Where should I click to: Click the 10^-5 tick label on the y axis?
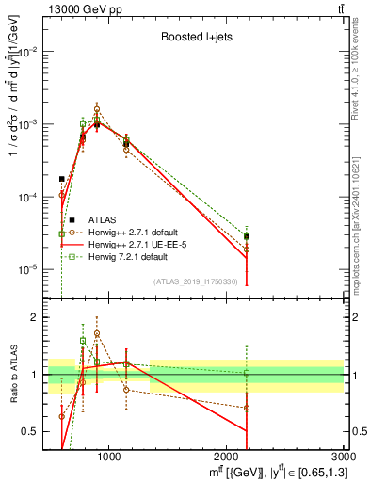28,269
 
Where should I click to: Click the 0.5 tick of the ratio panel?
32,431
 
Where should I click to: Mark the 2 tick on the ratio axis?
36,317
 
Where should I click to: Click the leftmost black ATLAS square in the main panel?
62,178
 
